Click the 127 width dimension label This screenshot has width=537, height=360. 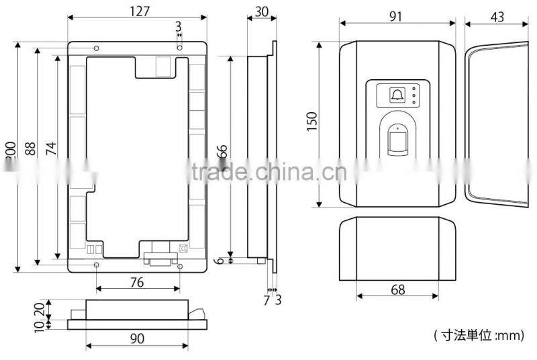pyautogui.click(x=138, y=11)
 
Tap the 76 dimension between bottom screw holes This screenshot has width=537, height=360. pyautogui.click(x=136, y=283)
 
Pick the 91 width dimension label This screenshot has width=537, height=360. pyautogui.click(x=396, y=17)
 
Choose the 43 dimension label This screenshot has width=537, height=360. pyautogui.click(x=497, y=17)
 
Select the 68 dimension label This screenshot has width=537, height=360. pyautogui.click(x=397, y=289)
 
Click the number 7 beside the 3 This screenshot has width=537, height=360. pyautogui.click(x=266, y=300)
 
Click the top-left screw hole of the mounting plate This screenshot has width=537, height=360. pyautogui.click(x=97, y=48)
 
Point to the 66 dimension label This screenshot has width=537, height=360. pyautogui.click(x=222, y=152)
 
